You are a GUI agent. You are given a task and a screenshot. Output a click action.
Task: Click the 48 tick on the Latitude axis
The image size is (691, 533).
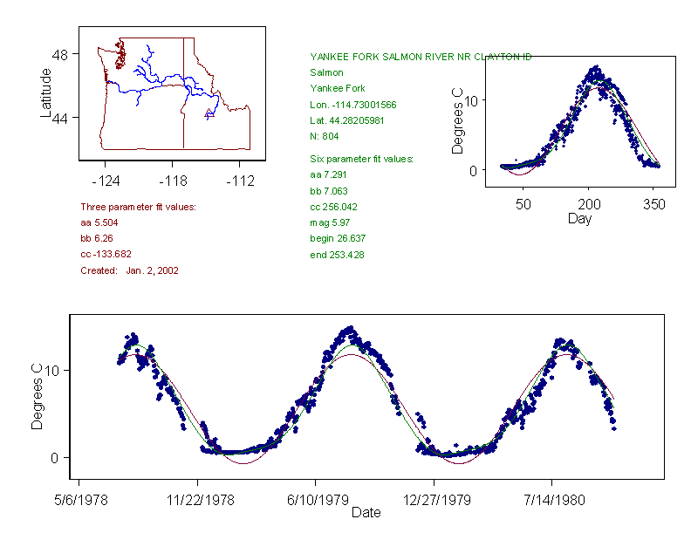[64, 54]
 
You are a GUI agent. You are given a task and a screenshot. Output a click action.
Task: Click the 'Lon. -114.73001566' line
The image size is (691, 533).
[352, 104]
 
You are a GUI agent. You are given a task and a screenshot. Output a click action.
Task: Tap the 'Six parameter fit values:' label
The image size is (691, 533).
[361, 159]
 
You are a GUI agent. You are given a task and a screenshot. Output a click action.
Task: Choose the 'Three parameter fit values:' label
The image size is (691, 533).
[138, 207]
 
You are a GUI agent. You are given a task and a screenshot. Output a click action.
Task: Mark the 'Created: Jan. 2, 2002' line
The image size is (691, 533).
[129, 270]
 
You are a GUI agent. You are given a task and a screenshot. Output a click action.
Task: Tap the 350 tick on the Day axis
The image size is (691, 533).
[654, 204]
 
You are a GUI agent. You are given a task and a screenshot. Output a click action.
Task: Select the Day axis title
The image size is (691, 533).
[579, 218]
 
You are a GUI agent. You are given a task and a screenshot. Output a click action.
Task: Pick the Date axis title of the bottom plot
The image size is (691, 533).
[366, 513]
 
